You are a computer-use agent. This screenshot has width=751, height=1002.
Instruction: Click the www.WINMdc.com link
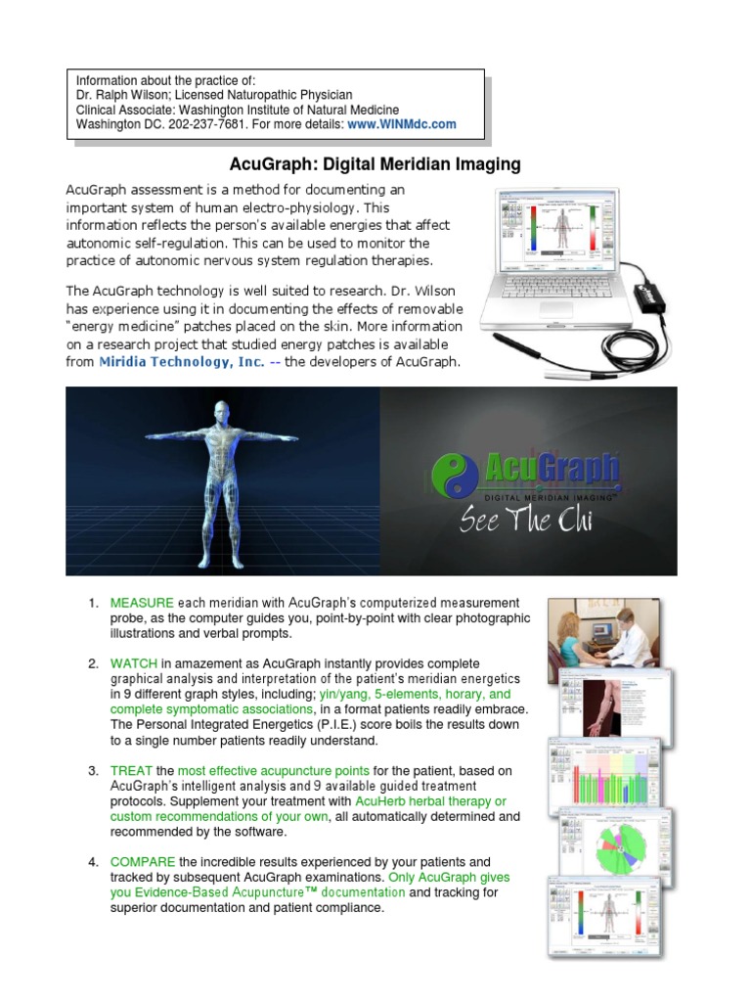402,124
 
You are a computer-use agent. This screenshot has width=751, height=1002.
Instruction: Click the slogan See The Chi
526,520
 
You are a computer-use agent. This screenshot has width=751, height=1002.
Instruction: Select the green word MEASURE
142,602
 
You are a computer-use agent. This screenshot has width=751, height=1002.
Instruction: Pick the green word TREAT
130,771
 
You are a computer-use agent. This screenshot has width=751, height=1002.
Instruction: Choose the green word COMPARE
143,862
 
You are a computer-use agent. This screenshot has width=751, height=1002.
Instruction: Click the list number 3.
94,771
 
